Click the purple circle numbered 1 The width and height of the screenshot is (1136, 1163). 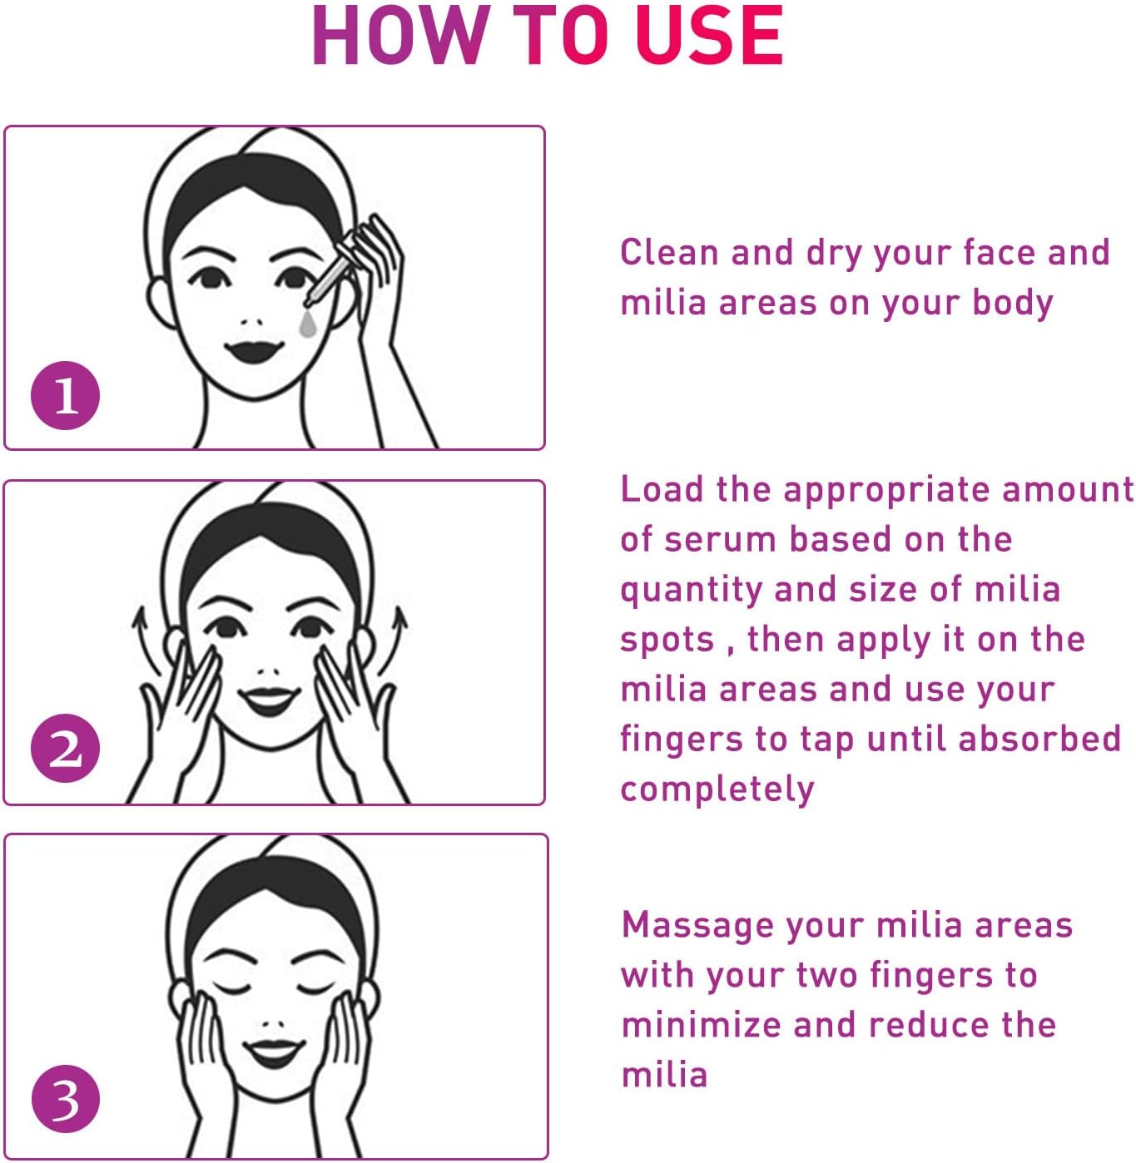click(x=65, y=395)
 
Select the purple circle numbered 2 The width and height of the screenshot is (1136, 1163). click(x=65, y=749)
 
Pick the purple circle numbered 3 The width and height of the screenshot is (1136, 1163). click(x=65, y=1099)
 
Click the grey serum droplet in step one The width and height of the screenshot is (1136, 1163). click(x=308, y=325)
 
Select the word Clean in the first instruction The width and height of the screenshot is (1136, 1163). click(x=669, y=252)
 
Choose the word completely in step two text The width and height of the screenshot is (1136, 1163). click(x=717, y=789)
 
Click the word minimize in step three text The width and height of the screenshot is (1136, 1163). click(x=701, y=1025)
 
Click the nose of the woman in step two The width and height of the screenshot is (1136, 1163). click(x=268, y=668)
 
